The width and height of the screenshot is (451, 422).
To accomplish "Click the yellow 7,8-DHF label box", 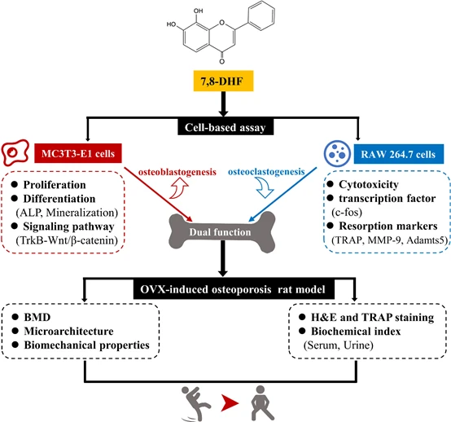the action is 223,81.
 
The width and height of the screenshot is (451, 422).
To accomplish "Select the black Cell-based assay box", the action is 225,127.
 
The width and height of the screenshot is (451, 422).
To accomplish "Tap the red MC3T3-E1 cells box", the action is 78,153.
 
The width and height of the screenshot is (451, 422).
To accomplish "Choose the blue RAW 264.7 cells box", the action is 398,154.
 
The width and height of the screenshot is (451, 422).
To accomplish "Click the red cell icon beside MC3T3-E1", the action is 15,152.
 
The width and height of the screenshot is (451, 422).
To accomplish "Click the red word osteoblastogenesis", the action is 177,172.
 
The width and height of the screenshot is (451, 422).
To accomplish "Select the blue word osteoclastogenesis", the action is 266,172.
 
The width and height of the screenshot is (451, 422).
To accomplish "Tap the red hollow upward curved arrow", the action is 178,188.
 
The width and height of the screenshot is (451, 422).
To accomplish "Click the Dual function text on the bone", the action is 220,232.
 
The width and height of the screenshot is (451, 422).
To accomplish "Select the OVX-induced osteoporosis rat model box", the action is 234,289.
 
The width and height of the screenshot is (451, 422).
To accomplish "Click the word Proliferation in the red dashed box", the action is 55,184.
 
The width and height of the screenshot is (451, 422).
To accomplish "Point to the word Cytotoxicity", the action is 369,184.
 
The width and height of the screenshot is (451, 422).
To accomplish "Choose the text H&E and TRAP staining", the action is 373,317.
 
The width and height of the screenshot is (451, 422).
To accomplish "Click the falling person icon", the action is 195,403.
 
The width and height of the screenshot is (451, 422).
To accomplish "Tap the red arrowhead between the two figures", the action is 230,402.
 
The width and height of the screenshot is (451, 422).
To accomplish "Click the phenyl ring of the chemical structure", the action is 261,15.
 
